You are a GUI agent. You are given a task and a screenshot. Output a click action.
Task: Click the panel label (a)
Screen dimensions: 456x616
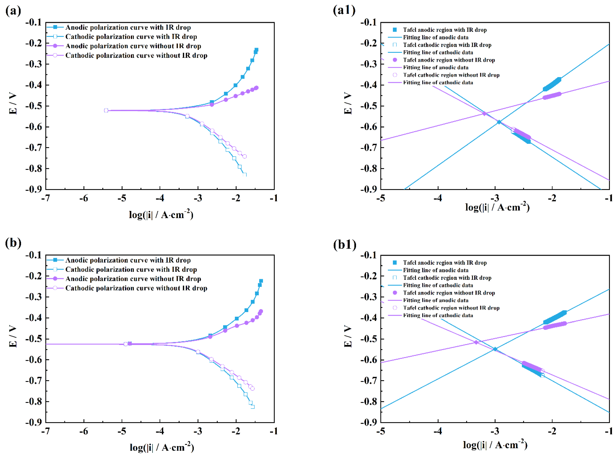click(13, 11)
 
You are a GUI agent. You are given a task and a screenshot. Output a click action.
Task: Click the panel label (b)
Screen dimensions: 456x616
click(13, 243)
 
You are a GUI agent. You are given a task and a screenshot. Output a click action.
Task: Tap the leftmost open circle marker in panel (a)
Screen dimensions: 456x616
click(106, 110)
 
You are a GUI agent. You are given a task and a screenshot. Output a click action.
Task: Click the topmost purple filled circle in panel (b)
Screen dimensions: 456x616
click(261, 311)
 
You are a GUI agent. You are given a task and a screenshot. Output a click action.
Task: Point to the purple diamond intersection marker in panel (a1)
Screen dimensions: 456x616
click(484, 114)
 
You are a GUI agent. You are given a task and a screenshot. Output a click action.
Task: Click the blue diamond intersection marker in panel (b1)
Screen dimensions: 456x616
click(495, 349)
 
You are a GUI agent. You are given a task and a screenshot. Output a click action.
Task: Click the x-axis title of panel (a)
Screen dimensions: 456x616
click(161, 215)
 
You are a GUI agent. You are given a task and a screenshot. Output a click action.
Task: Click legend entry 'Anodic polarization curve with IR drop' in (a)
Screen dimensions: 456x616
click(128, 27)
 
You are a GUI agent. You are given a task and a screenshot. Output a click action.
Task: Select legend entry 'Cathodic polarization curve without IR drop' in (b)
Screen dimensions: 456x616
click(136, 288)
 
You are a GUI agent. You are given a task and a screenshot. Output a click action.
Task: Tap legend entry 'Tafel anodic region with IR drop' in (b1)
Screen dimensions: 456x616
click(445, 263)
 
